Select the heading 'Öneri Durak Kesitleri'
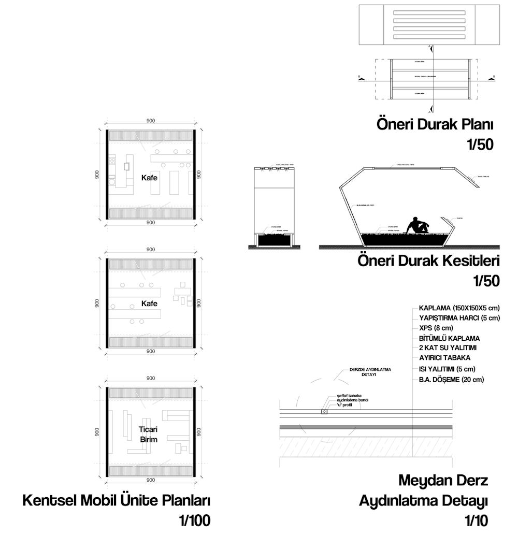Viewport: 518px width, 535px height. click(x=428, y=261)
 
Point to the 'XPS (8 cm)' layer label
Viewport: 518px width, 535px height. click(x=436, y=328)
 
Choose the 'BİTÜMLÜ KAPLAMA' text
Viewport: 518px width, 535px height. click(x=450, y=338)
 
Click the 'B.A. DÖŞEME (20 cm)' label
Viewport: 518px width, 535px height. click(x=452, y=379)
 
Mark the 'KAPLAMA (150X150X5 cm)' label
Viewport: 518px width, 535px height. click(x=459, y=307)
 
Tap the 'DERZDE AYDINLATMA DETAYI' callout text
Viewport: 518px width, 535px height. click(x=368, y=371)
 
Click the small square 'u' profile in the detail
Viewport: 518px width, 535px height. click(x=324, y=412)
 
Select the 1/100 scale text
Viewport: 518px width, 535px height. click(x=195, y=520)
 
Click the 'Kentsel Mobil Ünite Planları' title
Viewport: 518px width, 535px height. click(x=117, y=501)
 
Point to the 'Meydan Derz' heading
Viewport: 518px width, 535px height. click(x=443, y=481)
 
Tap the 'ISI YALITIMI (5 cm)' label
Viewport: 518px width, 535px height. click(x=448, y=369)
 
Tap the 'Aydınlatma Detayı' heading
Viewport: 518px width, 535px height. click(x=424, y=501)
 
